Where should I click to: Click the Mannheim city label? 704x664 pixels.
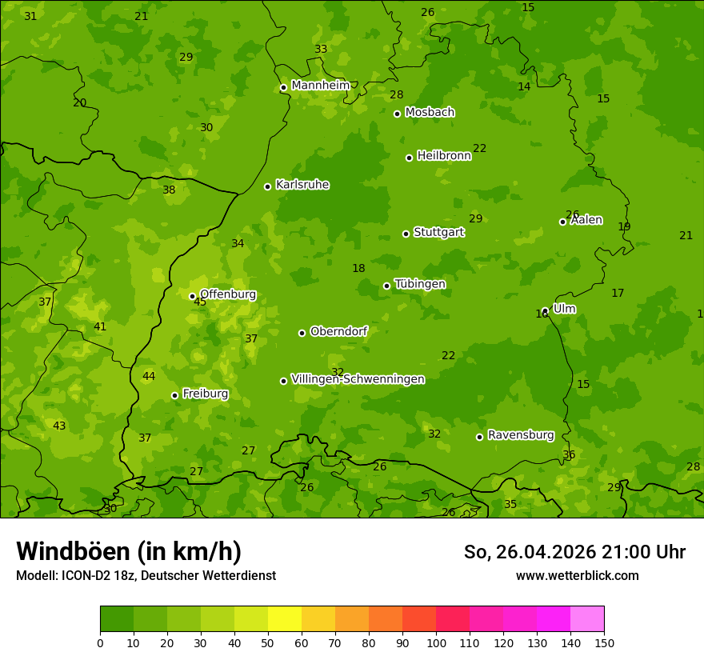click(x=320, y=86)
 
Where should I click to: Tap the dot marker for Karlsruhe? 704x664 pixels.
click(x=267, y=186)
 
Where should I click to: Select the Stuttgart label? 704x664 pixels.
click(x=438, y=232)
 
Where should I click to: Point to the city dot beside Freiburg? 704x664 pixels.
click(x=174, y=395)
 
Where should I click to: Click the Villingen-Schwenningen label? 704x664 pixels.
click(x=358, y=379)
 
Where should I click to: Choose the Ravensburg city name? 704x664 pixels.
click(x=521, y=435)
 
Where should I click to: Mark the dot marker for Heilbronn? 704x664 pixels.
click(x=409, y=158)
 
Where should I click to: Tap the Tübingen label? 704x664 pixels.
click(x=420, y=284)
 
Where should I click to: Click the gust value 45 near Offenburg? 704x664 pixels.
click(x=200, y=302)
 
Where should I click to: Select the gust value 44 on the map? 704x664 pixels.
click(x=149, y=376)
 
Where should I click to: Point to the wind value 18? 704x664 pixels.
click(x=358, y=269)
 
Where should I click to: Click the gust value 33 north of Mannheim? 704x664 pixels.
click(x=321, y=49)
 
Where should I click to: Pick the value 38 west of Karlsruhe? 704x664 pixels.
click(x=169, y=190)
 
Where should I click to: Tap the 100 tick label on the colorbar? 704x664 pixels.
click(x=436, y=642)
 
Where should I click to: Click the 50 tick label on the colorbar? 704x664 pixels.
click(x=268, y=642)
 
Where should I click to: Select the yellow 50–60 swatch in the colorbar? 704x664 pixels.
click(x=285, y=619)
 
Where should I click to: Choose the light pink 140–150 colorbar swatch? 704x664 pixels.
click(x=587, y=619)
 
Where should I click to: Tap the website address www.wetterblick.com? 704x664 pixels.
click(x=577, y=575)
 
